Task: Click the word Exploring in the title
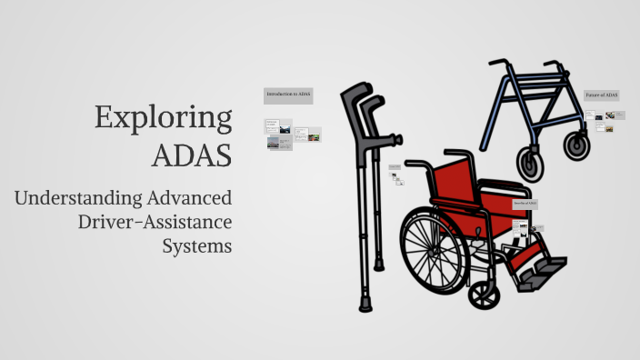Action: (164, 119)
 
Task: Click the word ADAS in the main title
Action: (192, 155)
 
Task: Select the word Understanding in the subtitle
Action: (79, 198)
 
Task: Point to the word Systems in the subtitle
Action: (197, 245)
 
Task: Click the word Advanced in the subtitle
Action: (190, 198)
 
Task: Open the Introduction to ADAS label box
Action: (288, 95)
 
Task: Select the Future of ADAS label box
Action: (602, 95)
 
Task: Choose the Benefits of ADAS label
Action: (526, 204)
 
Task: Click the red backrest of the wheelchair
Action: (455, 182)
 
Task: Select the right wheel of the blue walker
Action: (576, 145)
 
